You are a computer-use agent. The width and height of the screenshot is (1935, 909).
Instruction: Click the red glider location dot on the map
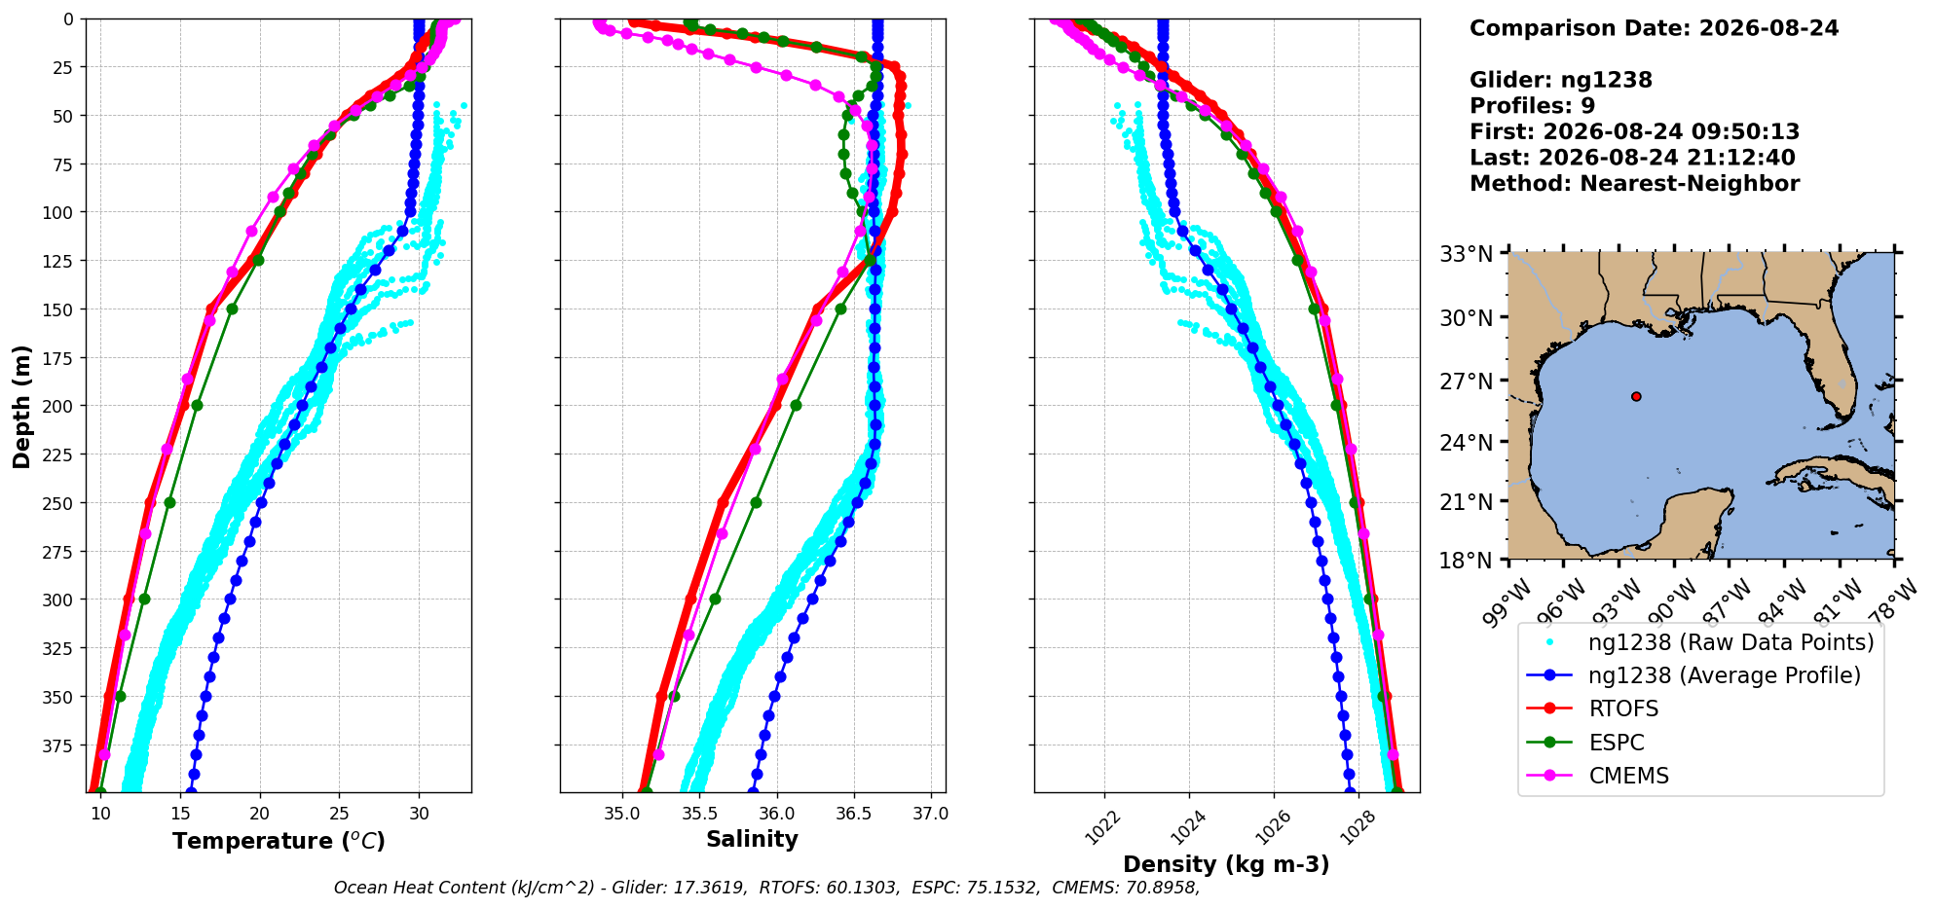pos(1636,396)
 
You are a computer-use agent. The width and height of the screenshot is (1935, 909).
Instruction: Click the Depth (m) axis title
pos(21,406)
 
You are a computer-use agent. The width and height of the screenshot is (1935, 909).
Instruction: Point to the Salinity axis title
pos(752,839)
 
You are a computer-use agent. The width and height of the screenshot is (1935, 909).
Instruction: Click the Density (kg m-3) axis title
pos(1226,864)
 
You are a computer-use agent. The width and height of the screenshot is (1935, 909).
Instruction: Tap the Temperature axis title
pos(279,841)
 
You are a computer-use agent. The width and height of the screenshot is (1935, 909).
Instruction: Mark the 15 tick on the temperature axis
pos(180,814)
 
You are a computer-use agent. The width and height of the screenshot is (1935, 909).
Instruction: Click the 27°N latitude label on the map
pos(1467,382)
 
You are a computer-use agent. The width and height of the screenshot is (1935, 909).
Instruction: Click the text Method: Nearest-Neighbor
pos(1634,184)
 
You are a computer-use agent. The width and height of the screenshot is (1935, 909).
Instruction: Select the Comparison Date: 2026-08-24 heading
pos(1654,28)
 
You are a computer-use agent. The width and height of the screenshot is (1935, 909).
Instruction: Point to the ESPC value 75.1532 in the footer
pos(1002,888)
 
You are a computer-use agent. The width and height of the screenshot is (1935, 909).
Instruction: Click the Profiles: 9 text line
pos(1532,106)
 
